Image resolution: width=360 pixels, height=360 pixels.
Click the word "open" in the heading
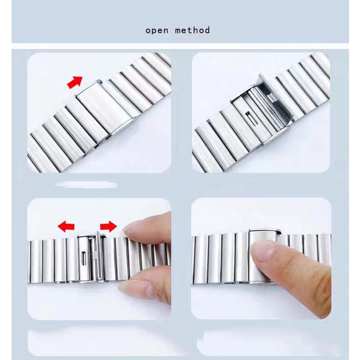pos(157,31)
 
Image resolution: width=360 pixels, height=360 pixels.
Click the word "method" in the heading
pos(192,30)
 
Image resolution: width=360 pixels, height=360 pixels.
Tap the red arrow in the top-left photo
pos(75,83)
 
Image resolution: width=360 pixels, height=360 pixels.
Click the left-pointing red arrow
pos(66,227)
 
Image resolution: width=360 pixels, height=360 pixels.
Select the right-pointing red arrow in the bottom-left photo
pos(108,227)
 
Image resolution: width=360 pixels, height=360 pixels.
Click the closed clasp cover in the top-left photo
pos(105,110)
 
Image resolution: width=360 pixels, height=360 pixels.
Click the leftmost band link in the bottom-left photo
pos(35,261)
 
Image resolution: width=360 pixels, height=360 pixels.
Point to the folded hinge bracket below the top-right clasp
pos(276,135)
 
